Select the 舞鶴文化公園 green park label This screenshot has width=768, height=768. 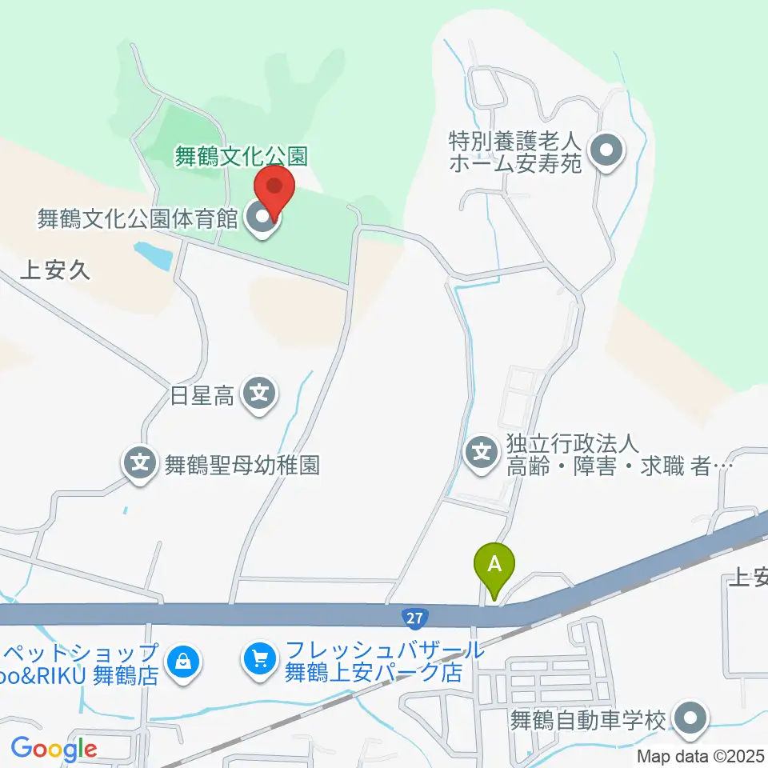click(x=242, y=155)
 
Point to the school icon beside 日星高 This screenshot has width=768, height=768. click(x=260, y=394)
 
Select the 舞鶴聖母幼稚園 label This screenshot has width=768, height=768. click(x=242, y=465)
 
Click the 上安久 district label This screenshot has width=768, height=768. click(x=54, y=270)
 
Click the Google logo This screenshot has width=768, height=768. click(x=54, y=750)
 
